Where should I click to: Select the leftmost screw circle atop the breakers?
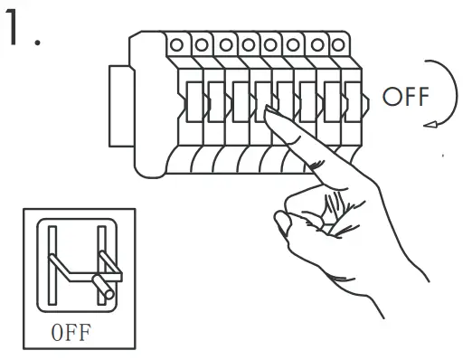[176, 42]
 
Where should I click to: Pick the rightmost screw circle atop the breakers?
[339, 42]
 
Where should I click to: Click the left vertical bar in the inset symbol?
[52, 266]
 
